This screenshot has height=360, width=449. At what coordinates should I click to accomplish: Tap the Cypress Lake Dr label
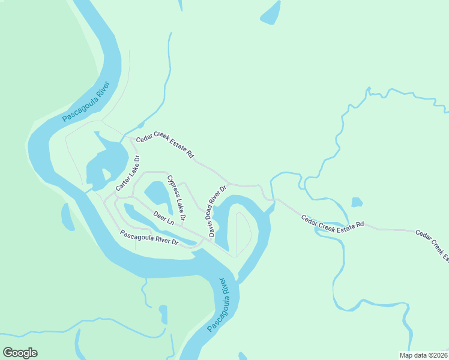pos(176,197)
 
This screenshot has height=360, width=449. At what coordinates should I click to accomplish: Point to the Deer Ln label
pos(163,217)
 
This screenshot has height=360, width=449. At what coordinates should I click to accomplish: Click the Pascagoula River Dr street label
pos(149,238)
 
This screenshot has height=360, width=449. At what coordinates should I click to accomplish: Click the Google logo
pos(20,353)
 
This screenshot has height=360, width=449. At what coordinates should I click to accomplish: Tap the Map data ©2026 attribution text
pos(423,355)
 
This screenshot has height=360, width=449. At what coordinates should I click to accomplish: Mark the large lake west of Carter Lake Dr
pos(108,159)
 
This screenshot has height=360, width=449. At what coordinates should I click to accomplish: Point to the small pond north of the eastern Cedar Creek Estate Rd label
pos(357,202)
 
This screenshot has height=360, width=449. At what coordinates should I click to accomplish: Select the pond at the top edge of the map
pos(271,12)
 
